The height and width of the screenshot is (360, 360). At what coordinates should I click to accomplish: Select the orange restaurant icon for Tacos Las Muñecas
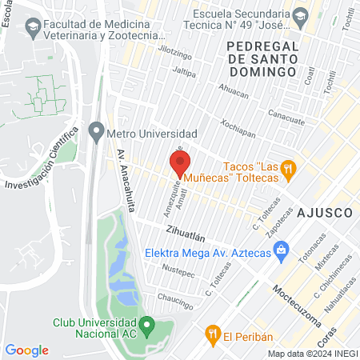(x=290, y=169)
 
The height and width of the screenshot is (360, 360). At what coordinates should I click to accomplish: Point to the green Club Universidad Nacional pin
(x=146, y=326)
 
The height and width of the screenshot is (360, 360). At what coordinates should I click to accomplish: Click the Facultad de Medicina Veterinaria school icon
(x=34, y=29)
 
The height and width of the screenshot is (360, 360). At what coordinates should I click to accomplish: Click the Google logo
(x=26, y=350)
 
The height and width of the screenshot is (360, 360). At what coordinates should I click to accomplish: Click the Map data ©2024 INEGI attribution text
(x=311, y=354)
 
